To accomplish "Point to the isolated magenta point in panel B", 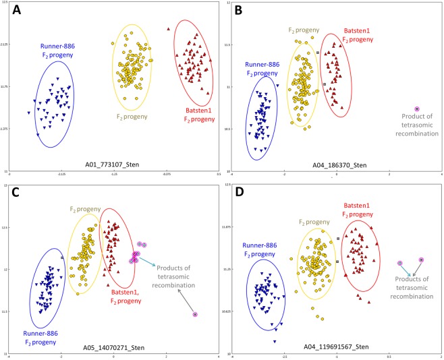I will click(x=416, y=109).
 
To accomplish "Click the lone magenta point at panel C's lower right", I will click(x=195, y=314).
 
